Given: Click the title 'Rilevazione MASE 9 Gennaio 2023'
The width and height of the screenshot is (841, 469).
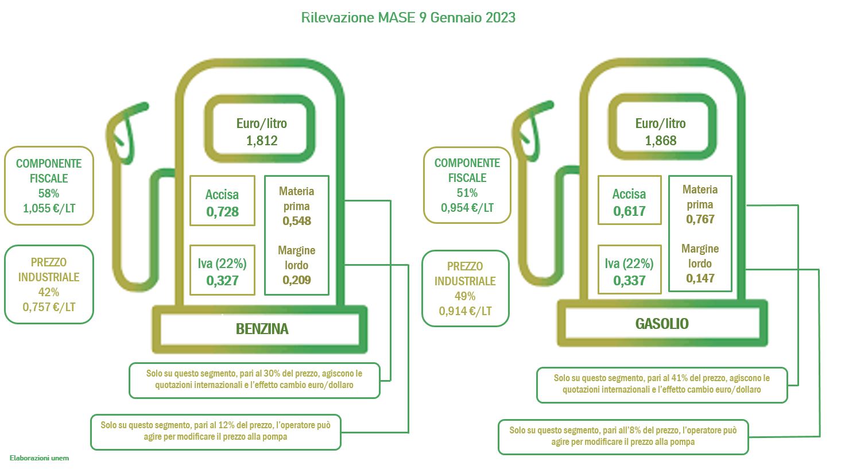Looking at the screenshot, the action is pos(408,18).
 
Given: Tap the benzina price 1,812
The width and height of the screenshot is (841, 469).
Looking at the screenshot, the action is pos(262,141).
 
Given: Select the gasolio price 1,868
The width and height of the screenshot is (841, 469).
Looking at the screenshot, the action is pos(660,141).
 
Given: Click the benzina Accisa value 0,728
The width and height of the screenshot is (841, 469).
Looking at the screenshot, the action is pos(222,212).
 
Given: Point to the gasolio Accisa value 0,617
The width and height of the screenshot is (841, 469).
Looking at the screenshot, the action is pos(629,211).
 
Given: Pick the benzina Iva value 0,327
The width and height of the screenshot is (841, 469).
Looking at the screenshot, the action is pos(222,281).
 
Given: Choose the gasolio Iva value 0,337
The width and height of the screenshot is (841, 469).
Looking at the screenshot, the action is pos(629,281).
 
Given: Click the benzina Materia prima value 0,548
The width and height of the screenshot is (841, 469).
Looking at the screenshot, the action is pos(297,221).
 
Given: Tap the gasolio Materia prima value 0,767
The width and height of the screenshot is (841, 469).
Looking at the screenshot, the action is pos(700,219).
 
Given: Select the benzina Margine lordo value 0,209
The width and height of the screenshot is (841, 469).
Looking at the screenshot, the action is pos(297,280).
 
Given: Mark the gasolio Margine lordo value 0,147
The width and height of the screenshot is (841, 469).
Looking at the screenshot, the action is pos(700,278).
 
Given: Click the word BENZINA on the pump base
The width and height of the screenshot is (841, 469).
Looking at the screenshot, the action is pos(262,329).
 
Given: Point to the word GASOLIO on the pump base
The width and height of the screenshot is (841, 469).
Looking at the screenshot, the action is pos(662,324).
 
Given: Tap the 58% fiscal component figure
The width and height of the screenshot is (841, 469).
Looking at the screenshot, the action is pos(49,193).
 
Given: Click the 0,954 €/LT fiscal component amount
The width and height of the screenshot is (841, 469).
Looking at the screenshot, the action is pos(467,208).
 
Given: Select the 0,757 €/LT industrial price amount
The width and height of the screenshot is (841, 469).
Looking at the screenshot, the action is pos(49,307).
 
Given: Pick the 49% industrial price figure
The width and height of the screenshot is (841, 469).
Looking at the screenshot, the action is pos(465,296).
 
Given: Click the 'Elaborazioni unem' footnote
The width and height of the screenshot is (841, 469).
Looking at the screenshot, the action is pos(39,458).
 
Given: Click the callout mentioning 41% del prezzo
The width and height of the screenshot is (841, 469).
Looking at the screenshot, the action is pos(662,385).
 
